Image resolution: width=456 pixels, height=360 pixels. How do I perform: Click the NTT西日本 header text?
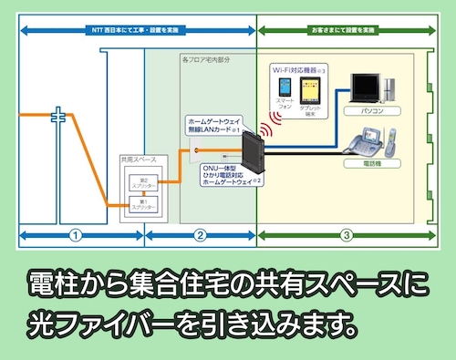coord(137,30)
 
